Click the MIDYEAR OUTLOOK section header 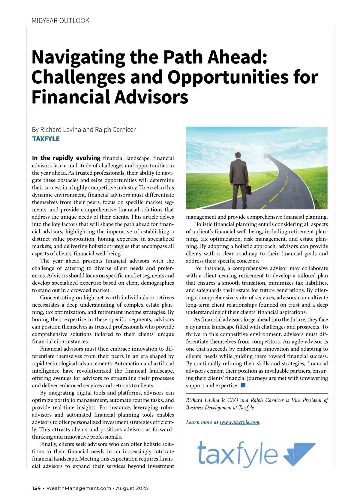[60, 21]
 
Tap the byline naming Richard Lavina [84, 130]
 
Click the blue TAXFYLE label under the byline [46, 139]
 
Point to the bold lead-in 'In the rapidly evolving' [66, 158]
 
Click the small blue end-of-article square [243, 385]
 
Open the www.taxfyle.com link [239, 422]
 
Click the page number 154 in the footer [36, 488]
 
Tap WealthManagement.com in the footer [79, 488]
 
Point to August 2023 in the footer [132, 488]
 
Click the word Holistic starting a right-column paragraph [205, 224]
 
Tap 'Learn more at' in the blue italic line [202, 422]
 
